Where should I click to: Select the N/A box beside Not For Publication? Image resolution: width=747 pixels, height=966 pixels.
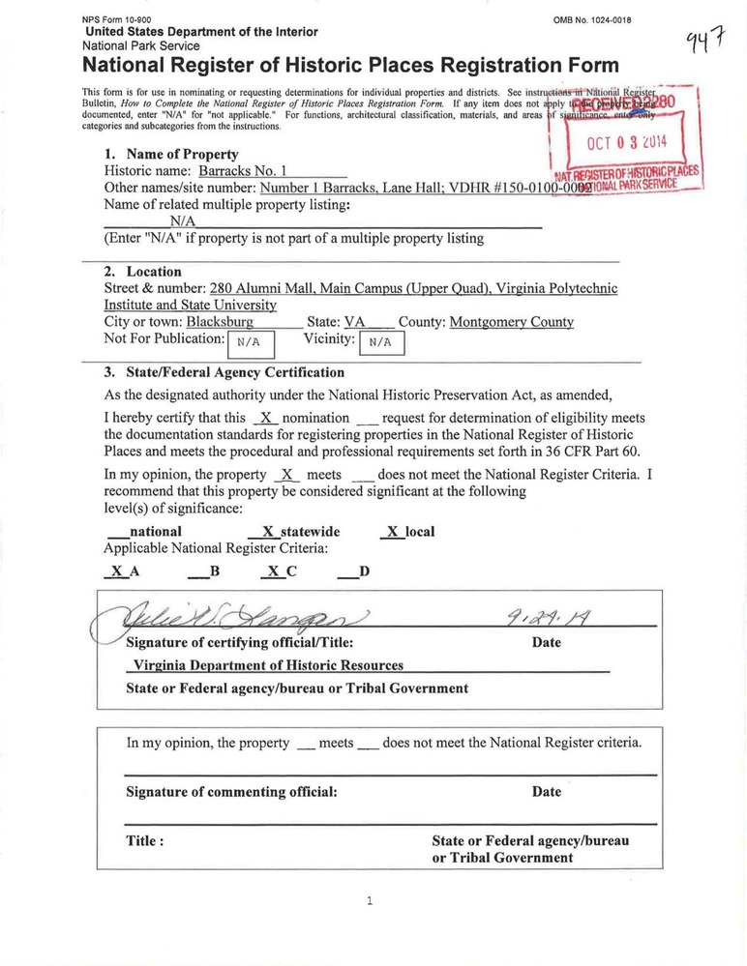(250, 342)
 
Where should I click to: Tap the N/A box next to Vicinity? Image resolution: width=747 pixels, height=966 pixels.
(380, 342)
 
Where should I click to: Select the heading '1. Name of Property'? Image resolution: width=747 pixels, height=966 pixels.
(170, 154)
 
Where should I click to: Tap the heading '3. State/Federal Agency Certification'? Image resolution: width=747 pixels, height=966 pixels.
(224, 372)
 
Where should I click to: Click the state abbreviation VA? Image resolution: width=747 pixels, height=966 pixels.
(354, 322)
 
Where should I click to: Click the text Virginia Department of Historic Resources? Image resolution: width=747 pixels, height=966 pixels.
(266, 665)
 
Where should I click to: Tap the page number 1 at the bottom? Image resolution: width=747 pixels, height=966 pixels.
(370, 901)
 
